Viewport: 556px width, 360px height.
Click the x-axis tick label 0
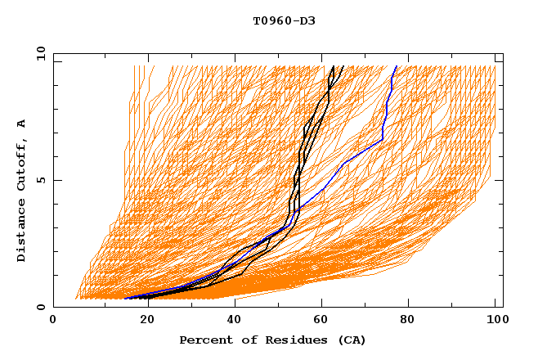[53, 320]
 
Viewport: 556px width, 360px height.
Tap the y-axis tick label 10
[40, 53]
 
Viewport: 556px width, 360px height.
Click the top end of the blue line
[397, 66]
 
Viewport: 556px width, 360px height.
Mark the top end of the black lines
[333, 66]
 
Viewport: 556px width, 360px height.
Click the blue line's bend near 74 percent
[383, 140]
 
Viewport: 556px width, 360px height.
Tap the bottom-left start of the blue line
[125, 298]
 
